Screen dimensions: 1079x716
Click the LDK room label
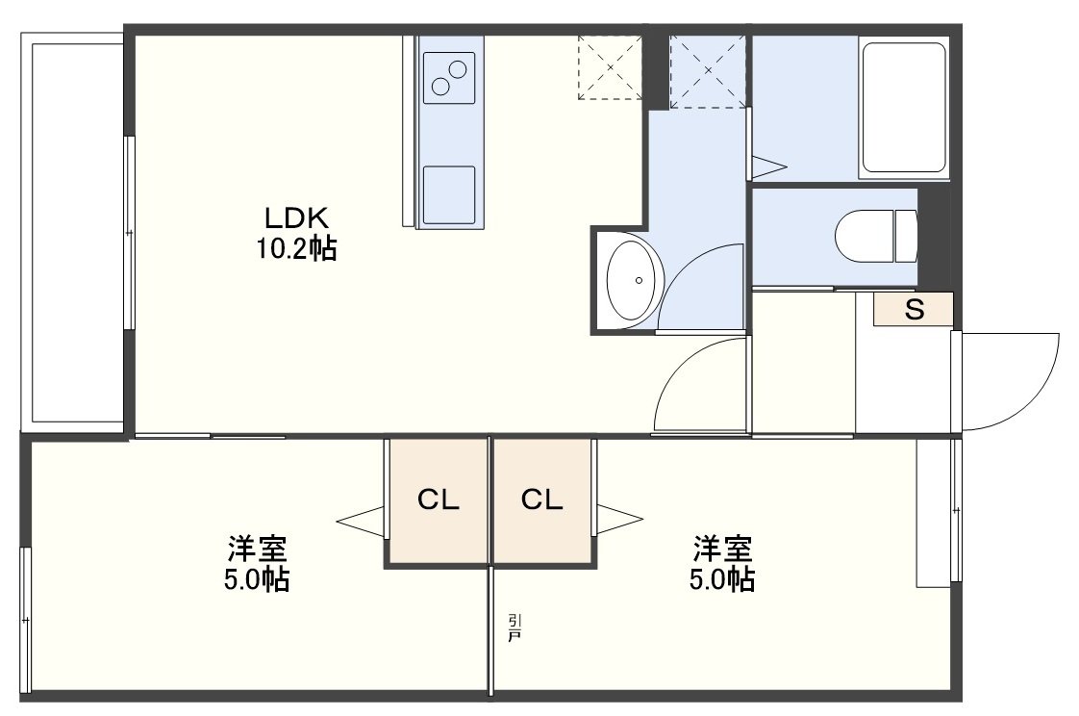click(297, 218)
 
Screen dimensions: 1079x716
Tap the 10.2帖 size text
click(296, 248)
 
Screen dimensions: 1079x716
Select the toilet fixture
click(877, 236)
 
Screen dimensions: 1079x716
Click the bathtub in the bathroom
click(904, 108)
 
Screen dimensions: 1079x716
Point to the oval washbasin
click(634, 280)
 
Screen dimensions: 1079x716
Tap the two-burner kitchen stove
click(449, 78)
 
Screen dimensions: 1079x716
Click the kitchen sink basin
click(449, 194)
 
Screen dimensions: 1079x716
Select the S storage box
click(914, 309)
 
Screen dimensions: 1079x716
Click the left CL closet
click(439, 500)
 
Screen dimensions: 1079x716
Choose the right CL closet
click(542, 500)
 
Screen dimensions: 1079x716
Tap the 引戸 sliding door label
click(514, 627)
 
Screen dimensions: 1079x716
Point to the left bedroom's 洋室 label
click(258, 550)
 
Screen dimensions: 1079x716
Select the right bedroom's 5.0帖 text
click(722, 579)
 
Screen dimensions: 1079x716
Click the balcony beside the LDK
click(72, 234)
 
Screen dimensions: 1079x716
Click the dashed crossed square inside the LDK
click(610, 67)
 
